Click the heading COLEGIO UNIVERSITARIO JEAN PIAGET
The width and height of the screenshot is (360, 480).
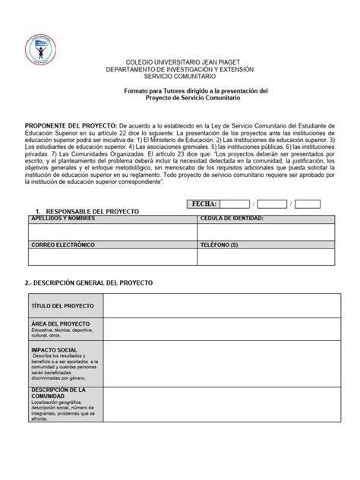click(180, 62)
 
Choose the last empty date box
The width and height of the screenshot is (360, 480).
click(309, 204)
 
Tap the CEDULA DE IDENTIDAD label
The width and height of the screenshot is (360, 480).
click(232, 218)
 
